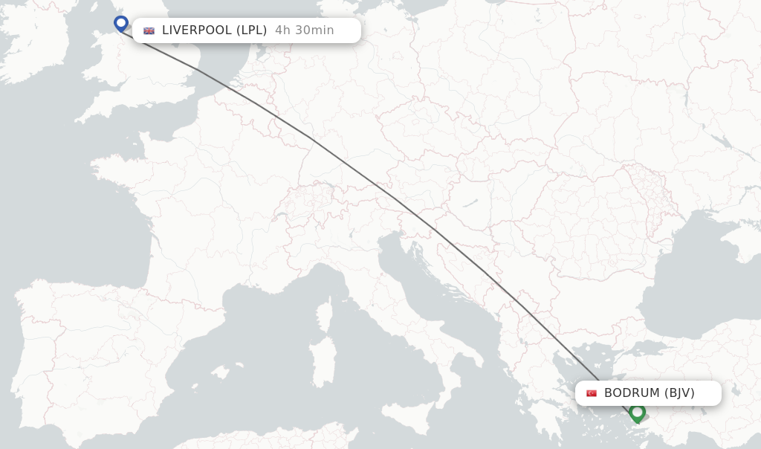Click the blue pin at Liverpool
click(121, 24)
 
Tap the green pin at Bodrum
click(637, 413)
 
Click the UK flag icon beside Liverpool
click(149, 30)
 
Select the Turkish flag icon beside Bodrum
click(592, 393)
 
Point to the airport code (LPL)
click(251, 30)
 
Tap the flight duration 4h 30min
click(304, 30)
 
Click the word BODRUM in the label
click(632, 393)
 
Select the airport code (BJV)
click(680, 393)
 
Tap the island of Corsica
click(325, 315)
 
